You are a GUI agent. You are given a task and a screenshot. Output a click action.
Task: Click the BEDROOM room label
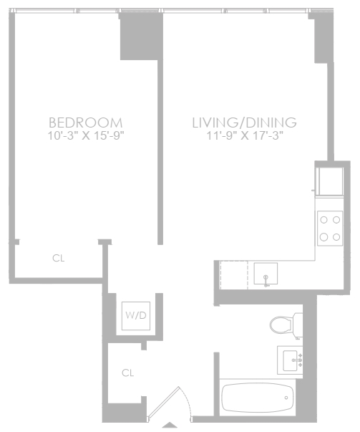(x=86, y=123)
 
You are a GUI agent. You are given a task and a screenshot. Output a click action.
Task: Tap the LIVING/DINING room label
(x=244, y=123)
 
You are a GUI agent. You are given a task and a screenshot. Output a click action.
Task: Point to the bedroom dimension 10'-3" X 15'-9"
(x=86, y=135)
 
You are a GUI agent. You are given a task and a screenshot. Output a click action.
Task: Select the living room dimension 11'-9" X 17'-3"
(x=245, y=135)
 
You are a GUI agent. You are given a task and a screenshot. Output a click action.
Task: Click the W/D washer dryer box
(x=136, y=316)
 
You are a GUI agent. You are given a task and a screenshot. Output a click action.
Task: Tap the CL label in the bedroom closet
(x=59, y=258)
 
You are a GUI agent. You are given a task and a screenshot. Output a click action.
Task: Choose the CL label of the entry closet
(x=127, y=373)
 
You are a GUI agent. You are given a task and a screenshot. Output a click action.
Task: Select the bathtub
(x=258, y=398)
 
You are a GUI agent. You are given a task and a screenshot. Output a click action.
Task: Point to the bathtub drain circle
(x=286, y=398)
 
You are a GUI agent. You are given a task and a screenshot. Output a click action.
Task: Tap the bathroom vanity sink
(x=290, y=360)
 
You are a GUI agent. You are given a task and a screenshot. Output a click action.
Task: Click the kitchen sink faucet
(x=266, y=280)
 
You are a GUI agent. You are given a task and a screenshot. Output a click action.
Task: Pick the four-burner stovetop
(x=330, y=229)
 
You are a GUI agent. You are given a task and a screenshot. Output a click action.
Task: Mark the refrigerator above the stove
(x=329, y=181)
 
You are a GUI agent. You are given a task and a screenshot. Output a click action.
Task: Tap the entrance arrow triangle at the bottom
(x=170, y=425)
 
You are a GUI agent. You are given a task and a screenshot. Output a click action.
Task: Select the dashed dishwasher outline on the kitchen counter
(x=234, y=275)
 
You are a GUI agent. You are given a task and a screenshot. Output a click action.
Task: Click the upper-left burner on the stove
(x=324, y=220)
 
